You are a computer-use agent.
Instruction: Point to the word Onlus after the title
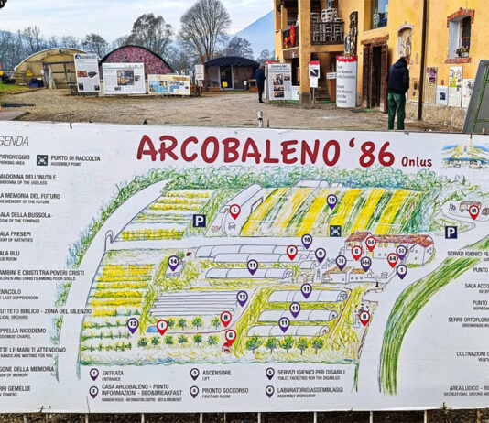click(416, 160)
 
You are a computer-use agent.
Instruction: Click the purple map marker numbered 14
click(174, 262)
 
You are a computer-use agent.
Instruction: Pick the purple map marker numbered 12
click(243, 297)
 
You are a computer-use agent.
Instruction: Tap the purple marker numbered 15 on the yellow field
click(331, 201)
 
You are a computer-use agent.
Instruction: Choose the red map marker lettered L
click(234, 211)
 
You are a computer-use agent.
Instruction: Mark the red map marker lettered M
click(473, 211)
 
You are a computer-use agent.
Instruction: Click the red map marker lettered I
click(292, 251)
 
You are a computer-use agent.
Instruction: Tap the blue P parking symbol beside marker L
click(199, 221)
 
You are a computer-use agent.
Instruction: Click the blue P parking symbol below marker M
click(451, 233)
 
